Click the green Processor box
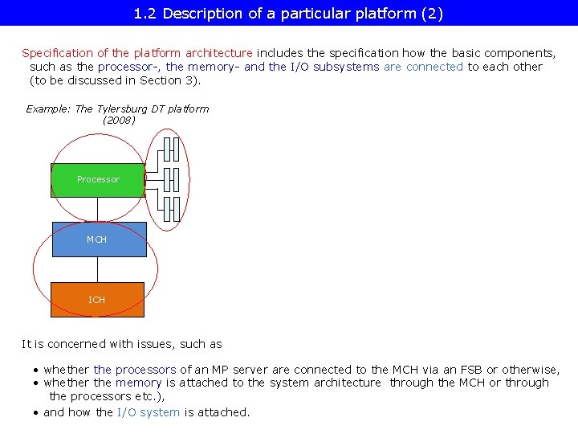98,180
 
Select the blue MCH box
99,240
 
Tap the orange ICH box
97,300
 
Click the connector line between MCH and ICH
98,269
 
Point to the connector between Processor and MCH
98,210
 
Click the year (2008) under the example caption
119,121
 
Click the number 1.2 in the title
146,14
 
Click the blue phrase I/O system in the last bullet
149,412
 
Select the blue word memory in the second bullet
139,383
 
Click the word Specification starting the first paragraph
55,53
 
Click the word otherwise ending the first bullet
528,370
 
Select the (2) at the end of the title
432,14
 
